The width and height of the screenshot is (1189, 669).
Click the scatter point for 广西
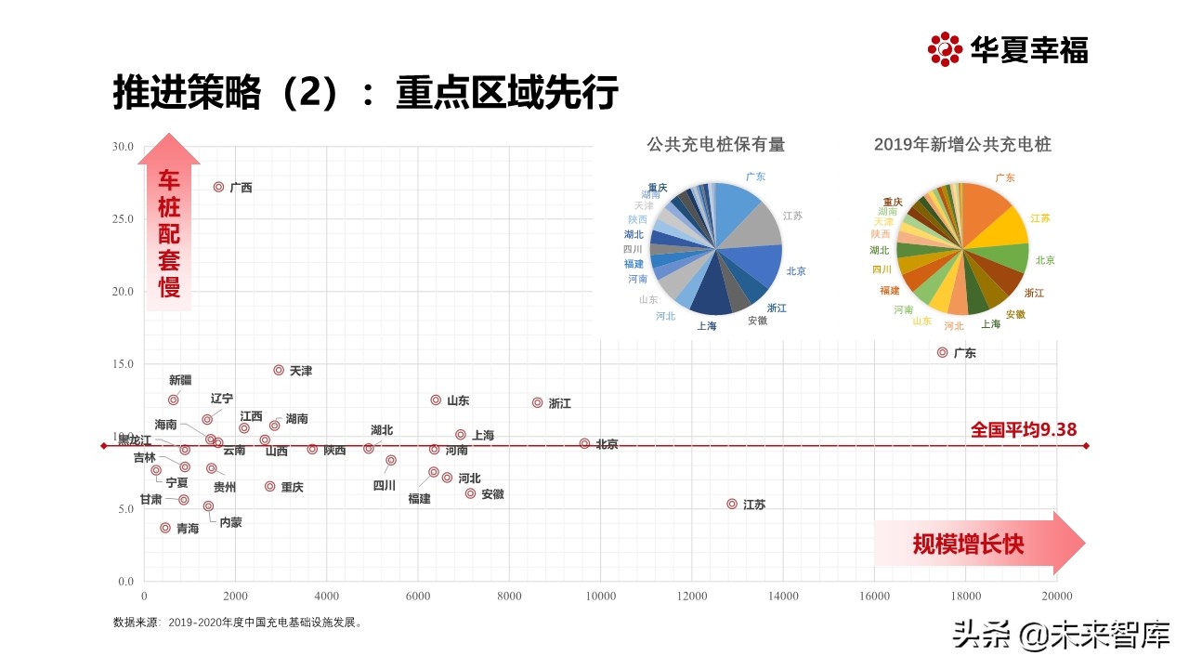(x=219, y=187)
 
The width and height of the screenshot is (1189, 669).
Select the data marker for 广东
(x=943, y=352)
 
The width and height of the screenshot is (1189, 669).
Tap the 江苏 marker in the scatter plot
(x=732, y=504)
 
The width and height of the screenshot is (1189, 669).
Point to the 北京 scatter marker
(x=584, y=444)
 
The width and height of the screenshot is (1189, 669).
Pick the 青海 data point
(x=165, y=528)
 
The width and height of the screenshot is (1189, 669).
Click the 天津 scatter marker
(x=279, y=370)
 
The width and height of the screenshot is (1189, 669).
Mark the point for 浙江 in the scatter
(x=537, y=402)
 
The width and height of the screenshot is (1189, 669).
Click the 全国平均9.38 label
(x=1023, y=430)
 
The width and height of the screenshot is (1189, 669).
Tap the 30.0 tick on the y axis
(x=123, y=147)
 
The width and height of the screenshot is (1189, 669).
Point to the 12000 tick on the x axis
(x=692, y=597)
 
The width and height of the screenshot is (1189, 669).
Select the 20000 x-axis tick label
(x=1056, y=597)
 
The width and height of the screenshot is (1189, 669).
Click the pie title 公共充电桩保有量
(x=715, y=145)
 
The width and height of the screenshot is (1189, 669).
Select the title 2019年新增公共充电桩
(x=962, y=145)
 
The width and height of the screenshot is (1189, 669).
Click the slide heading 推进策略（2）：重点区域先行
(x=365, y=93)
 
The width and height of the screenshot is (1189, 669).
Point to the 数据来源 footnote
(x=238, y=623)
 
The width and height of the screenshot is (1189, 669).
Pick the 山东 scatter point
(x=436, y=400)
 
